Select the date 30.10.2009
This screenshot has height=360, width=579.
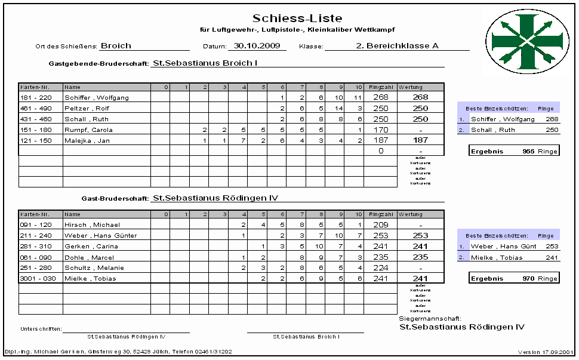point(257,45)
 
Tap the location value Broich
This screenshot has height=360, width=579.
point(116,45)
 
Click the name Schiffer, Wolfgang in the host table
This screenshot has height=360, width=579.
point(96,97)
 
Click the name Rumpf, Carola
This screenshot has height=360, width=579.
point(88,130)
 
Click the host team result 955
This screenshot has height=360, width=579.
point(528,151)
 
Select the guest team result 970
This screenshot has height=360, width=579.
point(528,278)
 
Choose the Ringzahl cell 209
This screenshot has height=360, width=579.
point(380,224)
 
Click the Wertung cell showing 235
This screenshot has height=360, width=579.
point(421,257)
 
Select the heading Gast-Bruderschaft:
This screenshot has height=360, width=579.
point(115,198)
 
